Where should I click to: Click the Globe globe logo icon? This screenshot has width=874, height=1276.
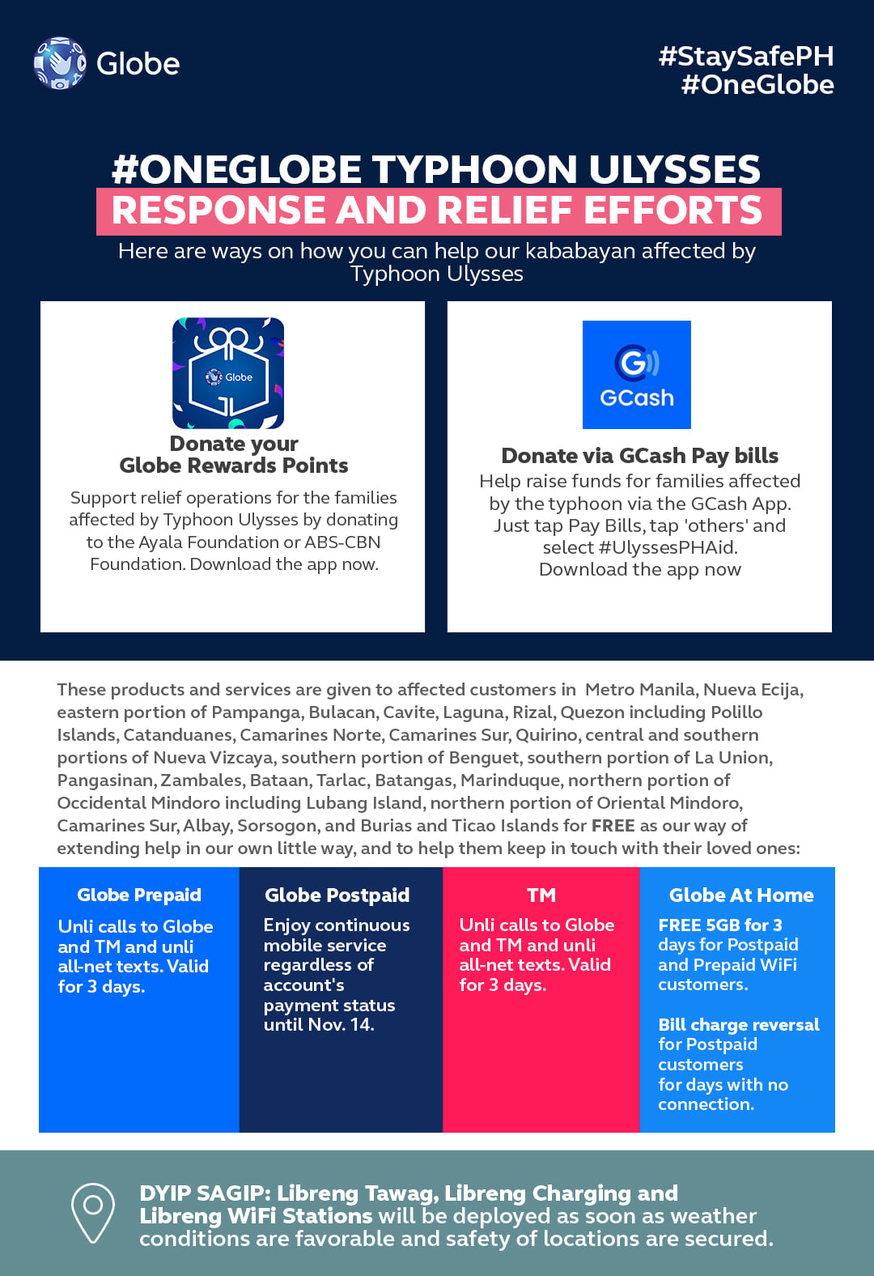(x=59, y=62)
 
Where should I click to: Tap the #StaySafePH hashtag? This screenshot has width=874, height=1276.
(x=745, y=56)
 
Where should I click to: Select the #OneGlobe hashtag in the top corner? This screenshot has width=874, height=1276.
(x=757, y=84)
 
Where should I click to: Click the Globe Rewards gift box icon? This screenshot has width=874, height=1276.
(x=228, y=372)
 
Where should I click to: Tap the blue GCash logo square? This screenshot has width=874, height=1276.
(x=636, y=374)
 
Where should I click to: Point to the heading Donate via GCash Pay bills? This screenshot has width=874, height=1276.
(x=639, y=456)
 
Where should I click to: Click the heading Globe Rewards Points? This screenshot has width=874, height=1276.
(x=233, y=466)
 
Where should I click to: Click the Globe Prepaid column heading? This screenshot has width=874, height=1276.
(x=139, y=895)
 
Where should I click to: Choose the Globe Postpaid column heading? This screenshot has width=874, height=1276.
(x=337, y=895)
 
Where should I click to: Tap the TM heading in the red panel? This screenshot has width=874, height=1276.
(x=541, y=895)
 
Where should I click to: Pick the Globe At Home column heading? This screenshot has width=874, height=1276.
(x=740, y=895)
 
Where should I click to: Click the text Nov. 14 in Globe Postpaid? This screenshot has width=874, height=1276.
(x=340, y=1024)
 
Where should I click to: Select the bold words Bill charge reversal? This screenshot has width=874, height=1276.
(x=738, y=1024)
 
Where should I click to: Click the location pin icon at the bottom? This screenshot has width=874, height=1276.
(x=93, y=1212)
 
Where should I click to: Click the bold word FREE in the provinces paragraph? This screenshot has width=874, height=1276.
(x=613, y=825)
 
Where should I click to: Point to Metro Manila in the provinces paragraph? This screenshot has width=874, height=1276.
(x=639, y=689)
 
